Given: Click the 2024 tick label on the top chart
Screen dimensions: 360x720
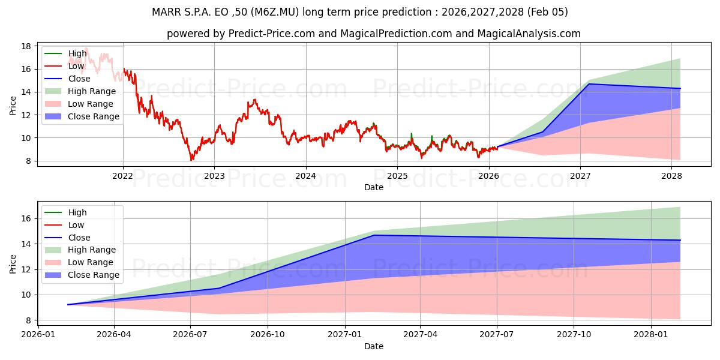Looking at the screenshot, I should pyautogui.click(x=305, y=176).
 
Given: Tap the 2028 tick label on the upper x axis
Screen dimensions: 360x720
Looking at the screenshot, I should pyautogui.click(x=671, y=176).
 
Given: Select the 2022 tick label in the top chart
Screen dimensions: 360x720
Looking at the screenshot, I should pyautogui.click(x=123, y=176).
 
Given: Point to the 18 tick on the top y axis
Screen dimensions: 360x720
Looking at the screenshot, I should pyautogui.click(x=26, y=46).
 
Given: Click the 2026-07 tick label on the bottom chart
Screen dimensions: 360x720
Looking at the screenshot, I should pyautogui.click(x=190, y=335).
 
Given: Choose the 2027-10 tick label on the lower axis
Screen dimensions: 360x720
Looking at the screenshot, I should pyautogui.click(x=574, y=335).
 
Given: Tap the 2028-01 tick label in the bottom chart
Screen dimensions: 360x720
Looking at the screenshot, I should pyautogui.click(x=651, y=335).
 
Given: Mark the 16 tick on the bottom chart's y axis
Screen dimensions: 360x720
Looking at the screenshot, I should pyautogui.click(x=26, y=219).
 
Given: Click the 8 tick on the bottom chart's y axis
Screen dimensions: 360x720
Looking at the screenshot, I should pyautogui.click(x=29, y=320).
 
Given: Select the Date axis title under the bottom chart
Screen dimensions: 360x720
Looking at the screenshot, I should pyautogui.click(x=373, y=346).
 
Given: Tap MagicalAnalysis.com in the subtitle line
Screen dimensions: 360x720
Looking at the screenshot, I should pyautogui.click(x=529, y=34).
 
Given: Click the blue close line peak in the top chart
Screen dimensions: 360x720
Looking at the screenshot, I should pyautogui.click(x=589, y=84).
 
